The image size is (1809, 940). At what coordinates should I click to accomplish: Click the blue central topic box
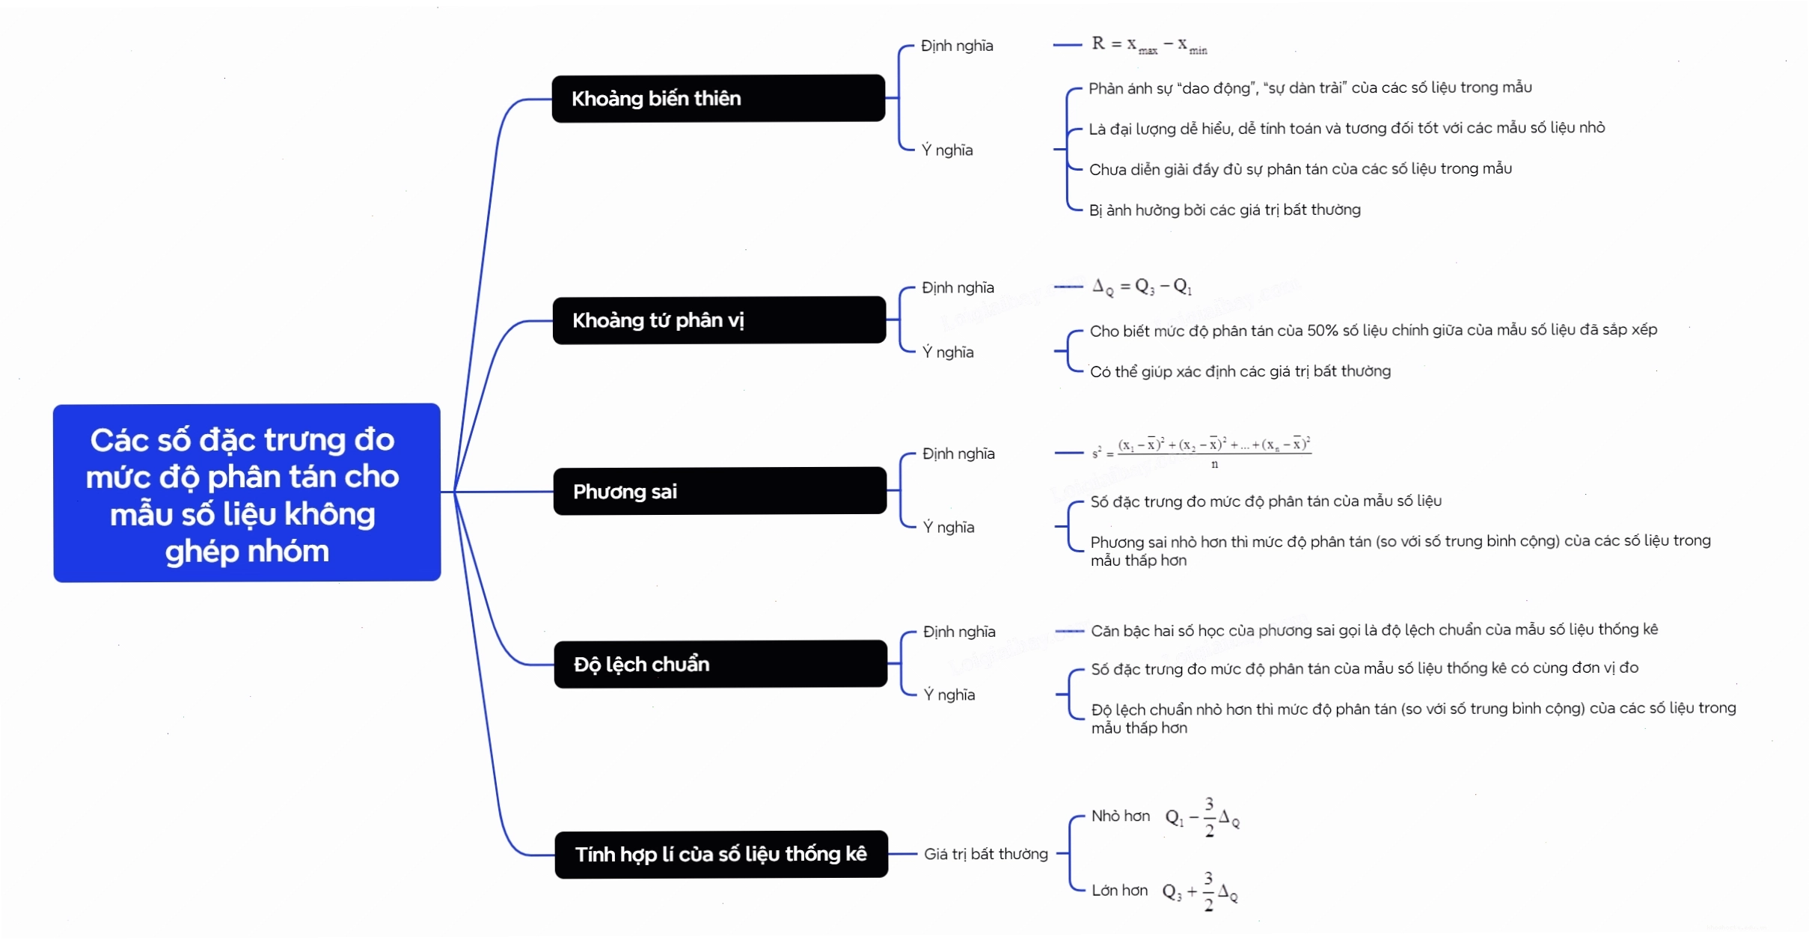click(247, 492)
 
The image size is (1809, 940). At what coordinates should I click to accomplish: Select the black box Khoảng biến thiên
click(718, 98)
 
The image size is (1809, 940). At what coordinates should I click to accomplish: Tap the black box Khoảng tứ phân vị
click(719, 320)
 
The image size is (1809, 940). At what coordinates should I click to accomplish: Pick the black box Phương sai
click(720, 491)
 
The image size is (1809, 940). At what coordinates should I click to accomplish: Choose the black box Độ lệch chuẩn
click(720, 664)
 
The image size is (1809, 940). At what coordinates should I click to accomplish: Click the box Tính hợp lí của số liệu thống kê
click(721, 854)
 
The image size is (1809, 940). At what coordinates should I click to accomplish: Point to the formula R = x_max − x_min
click(1149, 45)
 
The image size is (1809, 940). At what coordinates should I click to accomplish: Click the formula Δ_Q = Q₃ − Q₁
click(1142, 287)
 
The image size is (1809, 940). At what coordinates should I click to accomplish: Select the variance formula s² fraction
click(1202, 452)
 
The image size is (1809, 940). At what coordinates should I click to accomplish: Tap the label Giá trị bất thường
click(985, 854)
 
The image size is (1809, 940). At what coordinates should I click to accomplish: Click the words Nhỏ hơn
click(1120, 816)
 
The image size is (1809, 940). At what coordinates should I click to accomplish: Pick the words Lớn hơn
click(1119, 890)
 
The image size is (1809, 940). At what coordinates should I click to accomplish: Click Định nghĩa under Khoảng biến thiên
click(957, 46)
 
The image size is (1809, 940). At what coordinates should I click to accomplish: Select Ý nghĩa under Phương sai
click(949, 527)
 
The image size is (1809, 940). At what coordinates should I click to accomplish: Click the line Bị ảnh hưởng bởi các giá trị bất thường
click(1225, 210)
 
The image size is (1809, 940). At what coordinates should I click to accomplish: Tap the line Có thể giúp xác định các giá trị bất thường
click(1240, 371)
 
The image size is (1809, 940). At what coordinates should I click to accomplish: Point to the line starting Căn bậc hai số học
click(1374, 630)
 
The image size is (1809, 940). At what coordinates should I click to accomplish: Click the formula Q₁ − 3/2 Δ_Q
click(1202, 817)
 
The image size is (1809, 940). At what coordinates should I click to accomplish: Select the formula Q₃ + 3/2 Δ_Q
click(1200, 891)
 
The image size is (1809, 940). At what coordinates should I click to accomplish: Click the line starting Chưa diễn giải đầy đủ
click(1300, 169)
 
